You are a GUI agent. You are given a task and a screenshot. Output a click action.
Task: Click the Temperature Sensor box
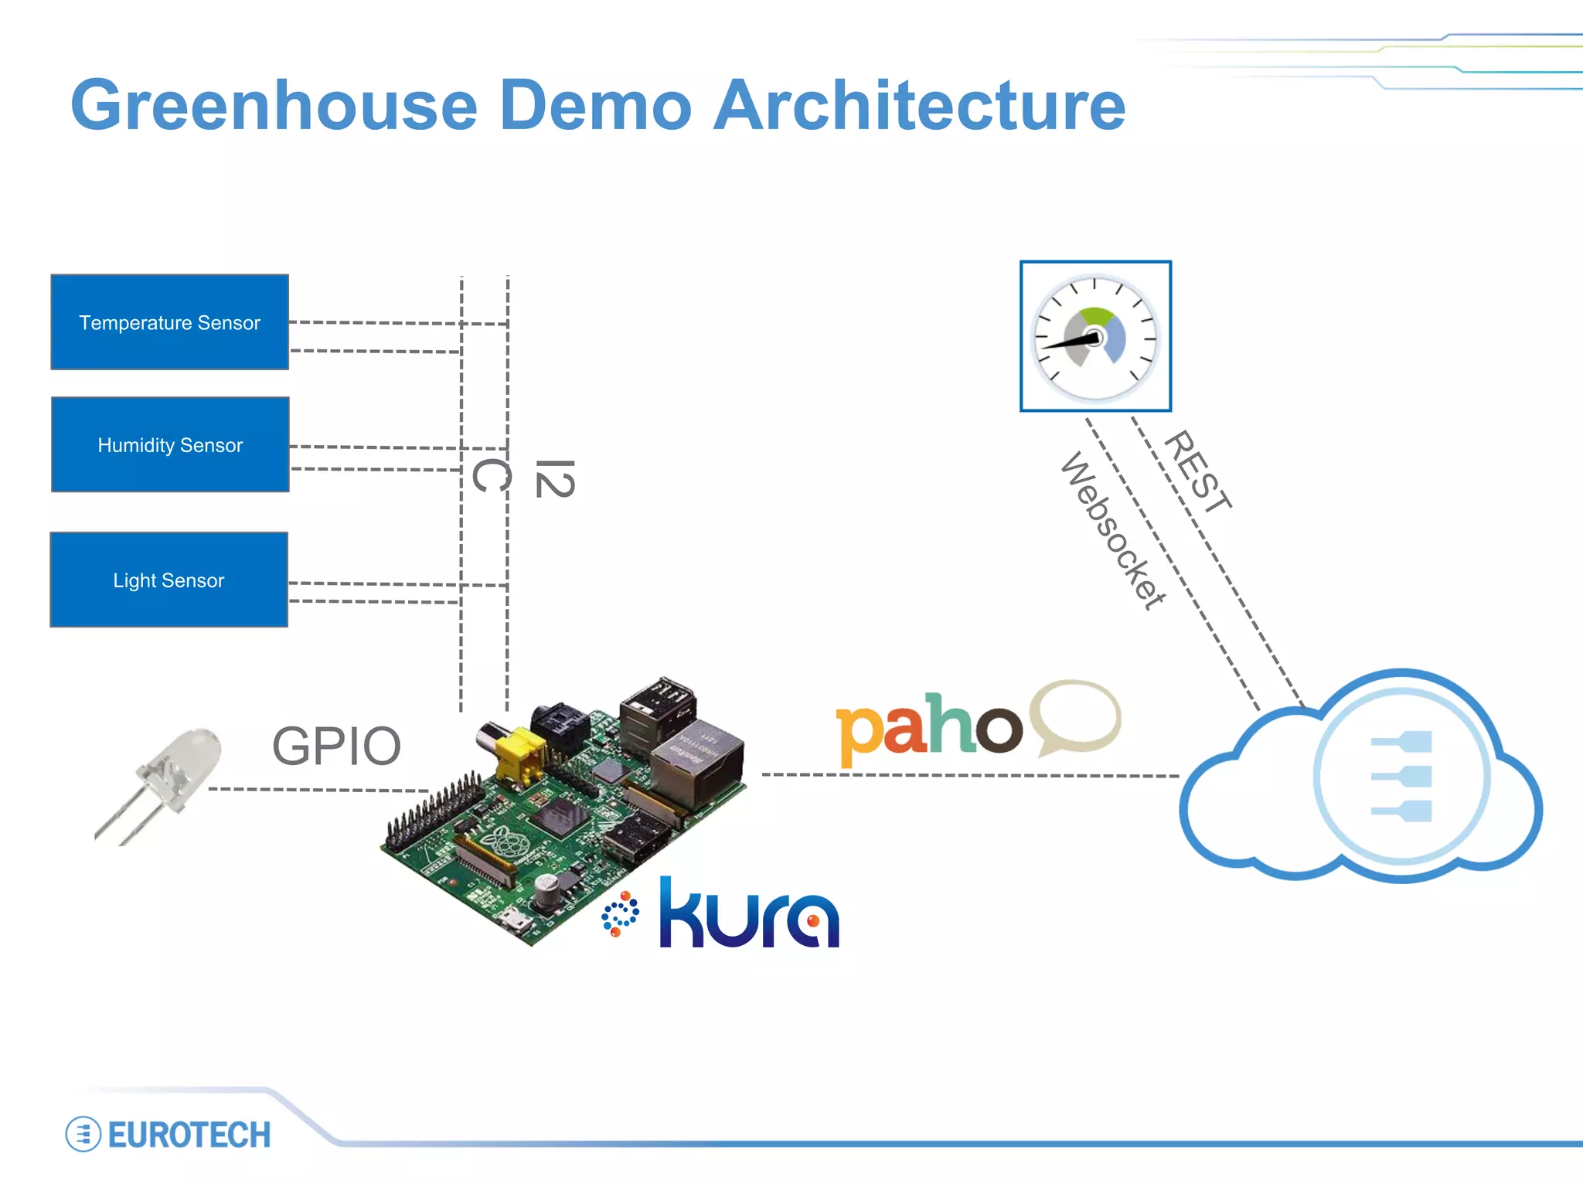click(169, 322)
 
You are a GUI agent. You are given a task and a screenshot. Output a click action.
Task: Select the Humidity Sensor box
click(170, 445)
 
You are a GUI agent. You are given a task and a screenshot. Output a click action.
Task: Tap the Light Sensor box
click(169, 580)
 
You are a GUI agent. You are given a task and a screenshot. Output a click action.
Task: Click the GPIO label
click(336, 747)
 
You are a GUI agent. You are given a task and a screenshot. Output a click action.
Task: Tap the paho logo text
click(928, 726)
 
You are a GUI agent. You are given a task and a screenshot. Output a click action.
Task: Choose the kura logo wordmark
click(748, 915)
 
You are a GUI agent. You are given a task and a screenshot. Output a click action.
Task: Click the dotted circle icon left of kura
click(620, 914)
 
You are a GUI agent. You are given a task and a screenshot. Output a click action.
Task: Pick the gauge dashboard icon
click(1095, 337)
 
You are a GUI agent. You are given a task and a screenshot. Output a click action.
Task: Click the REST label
click(1197, 471)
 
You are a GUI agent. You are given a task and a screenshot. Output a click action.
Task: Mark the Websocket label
click(1112, 531)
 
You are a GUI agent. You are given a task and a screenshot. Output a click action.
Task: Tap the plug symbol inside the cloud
click(1401, 776)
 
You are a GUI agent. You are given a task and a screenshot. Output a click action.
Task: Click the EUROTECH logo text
click(189, 1135)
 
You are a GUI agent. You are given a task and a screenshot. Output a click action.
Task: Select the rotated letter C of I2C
click(491, 474)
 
